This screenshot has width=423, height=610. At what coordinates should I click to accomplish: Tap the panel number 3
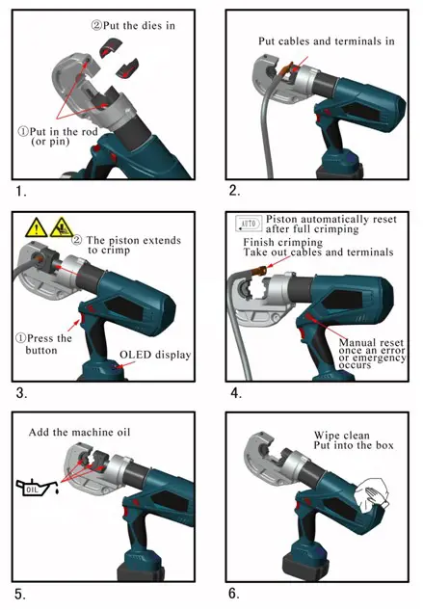click(x=18, y=393)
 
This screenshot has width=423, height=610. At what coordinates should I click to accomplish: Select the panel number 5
click(x=18, y=594)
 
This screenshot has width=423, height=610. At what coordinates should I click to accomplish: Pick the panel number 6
click(x=232, y=594)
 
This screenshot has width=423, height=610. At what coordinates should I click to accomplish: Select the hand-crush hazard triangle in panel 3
click(x=61, y=228)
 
